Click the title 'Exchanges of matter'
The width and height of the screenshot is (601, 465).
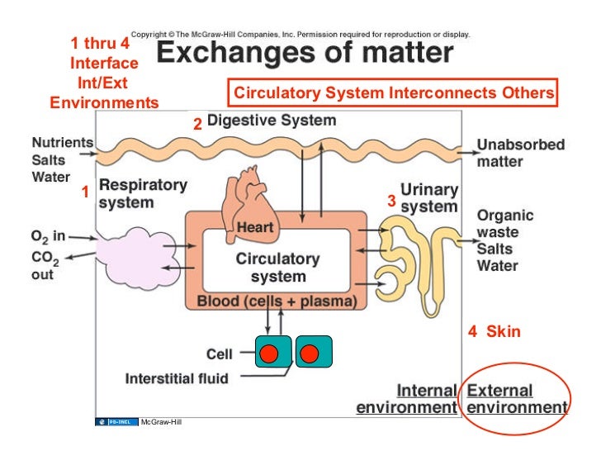tap(305, 55)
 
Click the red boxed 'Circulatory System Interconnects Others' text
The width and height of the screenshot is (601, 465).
tap(393, 93)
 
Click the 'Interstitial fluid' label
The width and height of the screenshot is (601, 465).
tap(176, 378)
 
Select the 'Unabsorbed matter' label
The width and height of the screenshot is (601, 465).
tap(520, 153)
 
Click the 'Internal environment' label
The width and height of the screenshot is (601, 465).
tap(406, 399)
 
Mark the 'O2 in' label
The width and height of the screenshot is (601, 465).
tap(48, 237)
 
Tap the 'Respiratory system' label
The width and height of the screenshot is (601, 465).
tap(142, 193)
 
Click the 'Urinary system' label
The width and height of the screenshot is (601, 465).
tap(428, 198)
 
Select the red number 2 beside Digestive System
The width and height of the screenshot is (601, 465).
tap(197, 125)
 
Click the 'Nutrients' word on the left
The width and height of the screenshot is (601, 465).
tap(62, 142)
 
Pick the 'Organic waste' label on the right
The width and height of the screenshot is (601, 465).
tap(504, 224)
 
